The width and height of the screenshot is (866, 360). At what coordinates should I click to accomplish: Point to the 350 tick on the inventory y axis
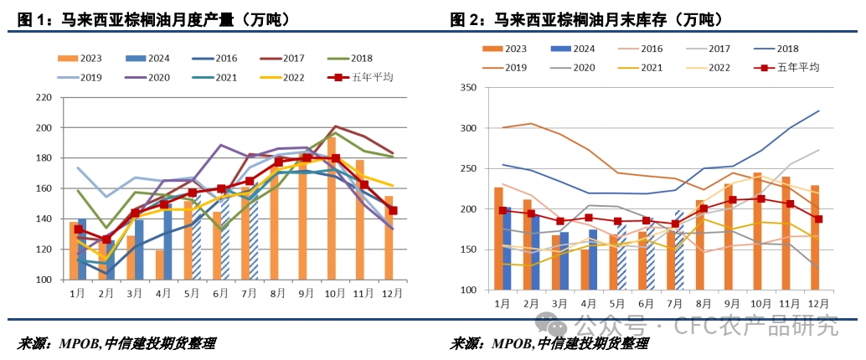pyautogui.click(x=469, y=88)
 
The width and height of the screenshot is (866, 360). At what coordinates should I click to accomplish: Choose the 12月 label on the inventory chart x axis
pyautogui.click(x=819, y=303)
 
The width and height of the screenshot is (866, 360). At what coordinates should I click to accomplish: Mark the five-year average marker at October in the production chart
pyautogui.click(x=336, y=157)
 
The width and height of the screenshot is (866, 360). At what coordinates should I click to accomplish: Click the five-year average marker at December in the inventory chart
pyautogui.click(x=819, y=219)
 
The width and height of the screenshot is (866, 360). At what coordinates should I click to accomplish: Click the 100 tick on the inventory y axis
pyautogui.click(x=469, y=290)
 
